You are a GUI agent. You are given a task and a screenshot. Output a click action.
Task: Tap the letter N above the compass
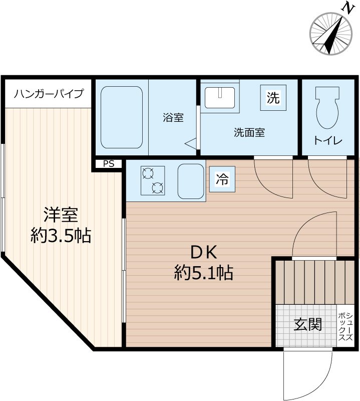[346, 8]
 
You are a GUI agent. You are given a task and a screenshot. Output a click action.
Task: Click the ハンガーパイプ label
[49, 94]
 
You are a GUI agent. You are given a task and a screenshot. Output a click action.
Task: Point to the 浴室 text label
[173, 118]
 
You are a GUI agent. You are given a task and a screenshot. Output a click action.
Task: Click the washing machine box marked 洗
[272, 98]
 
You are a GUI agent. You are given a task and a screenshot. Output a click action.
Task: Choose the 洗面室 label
[249, 133]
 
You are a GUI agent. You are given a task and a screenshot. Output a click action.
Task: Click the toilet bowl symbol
[328, 108]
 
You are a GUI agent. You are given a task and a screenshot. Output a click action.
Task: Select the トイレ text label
[328, 141]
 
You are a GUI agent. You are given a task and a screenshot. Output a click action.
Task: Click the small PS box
[109, 163]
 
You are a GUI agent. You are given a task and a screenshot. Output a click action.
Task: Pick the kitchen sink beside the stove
[190, 180]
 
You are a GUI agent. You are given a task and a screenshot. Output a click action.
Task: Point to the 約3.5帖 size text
[61, 235]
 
